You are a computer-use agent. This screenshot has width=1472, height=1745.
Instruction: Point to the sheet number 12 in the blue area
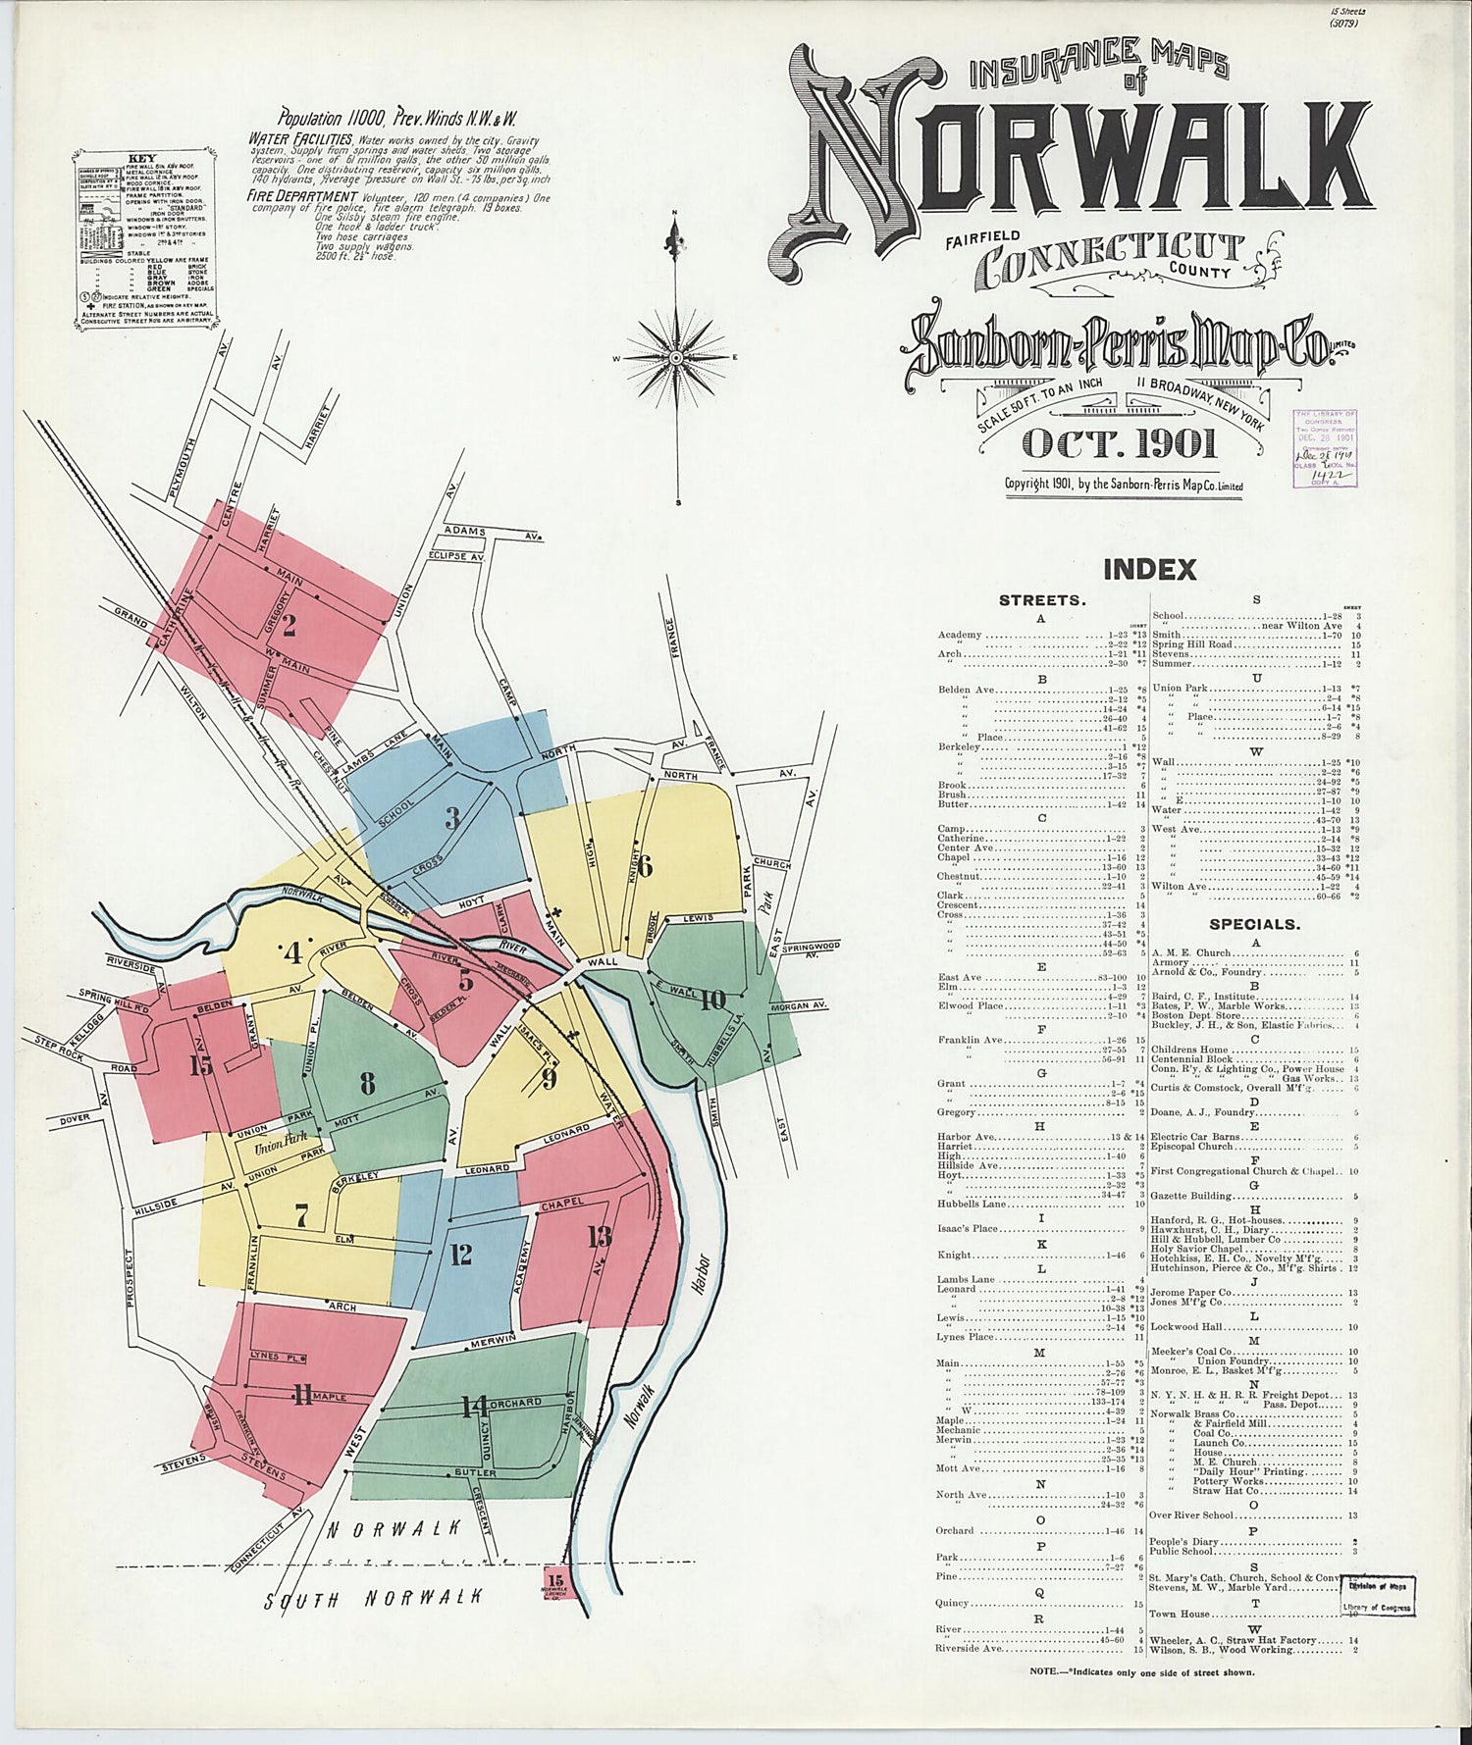point(460,1254)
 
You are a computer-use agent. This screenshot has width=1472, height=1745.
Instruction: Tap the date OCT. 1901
point(1120,443)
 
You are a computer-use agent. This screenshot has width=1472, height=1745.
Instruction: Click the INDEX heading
point(1149,569)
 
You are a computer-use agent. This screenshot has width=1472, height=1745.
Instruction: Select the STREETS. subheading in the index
point(1041,600)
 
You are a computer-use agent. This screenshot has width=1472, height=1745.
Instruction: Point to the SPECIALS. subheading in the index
point(1254,923)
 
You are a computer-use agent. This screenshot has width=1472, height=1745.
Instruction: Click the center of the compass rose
point(676,359)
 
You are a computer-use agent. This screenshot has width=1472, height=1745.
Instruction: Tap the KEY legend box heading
point(141,158)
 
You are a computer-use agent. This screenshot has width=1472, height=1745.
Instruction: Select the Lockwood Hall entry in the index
point(1189,1326)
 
